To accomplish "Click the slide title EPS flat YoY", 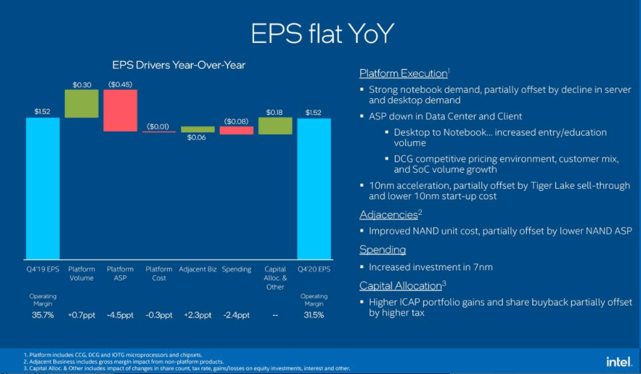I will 321,34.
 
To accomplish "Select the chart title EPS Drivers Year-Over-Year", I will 179,65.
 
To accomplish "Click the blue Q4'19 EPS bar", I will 43,188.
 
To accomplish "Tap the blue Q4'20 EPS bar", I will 314,188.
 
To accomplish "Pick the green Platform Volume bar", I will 82,103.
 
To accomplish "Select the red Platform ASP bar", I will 120,110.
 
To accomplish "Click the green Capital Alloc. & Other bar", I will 275,125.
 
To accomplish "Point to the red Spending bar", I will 236,131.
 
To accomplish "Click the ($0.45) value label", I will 120,84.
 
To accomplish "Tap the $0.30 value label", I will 82,84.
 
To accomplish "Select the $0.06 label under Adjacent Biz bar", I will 197,138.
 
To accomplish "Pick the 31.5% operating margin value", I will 314,315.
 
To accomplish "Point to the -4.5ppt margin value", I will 120,315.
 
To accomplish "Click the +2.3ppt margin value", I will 197,315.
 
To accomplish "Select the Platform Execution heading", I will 403,73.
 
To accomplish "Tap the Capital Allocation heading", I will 402,286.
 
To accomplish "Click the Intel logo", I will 619,362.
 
